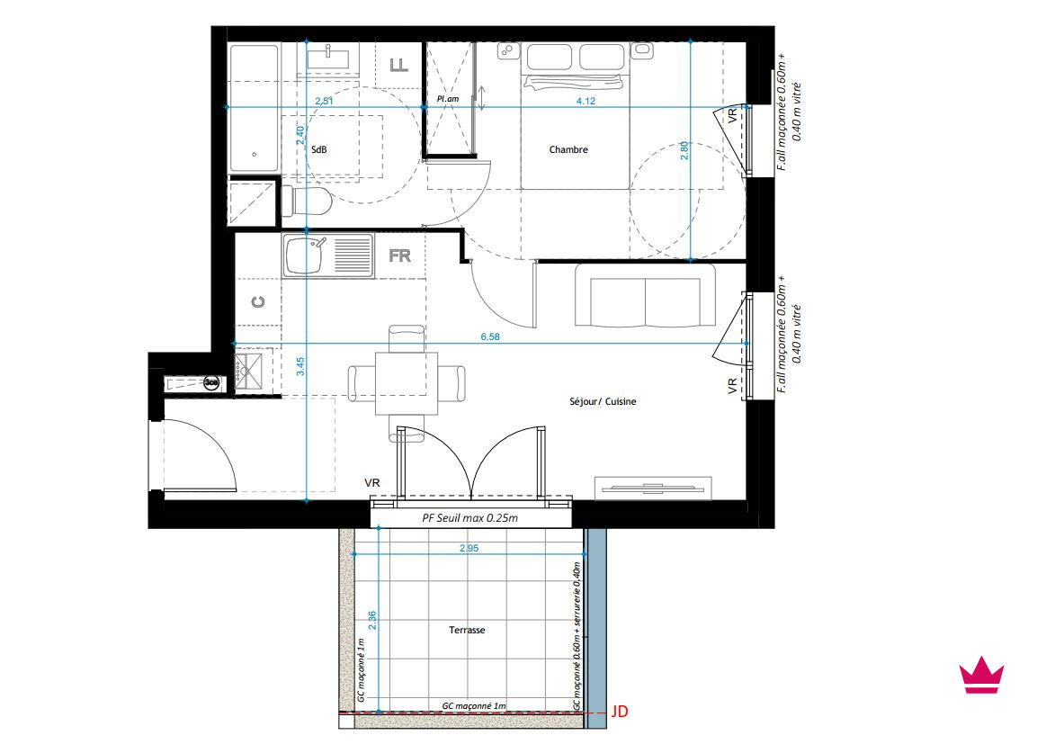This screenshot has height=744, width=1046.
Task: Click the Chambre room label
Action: tap(568, 149)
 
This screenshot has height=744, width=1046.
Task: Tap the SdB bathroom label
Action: tap(319, 149)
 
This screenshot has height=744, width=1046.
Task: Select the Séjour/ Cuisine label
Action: tap(603, 402)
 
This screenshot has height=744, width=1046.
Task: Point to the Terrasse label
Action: tap(467, 630)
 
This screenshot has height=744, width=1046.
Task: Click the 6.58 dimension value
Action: tap(490, 337)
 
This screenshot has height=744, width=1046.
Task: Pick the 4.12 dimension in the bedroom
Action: tap(586, 102)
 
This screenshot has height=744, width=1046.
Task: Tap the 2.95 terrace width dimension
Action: tap(469, 549)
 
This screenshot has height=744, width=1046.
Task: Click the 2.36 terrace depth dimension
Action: tap(372, 621)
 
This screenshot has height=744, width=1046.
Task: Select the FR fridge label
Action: tap(399, 255)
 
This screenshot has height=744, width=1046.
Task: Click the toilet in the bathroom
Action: tap(306, 201)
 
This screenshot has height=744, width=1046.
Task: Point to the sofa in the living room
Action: tap(645, 295)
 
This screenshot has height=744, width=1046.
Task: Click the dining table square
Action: tap(407, 383)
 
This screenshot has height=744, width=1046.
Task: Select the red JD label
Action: tap(620, 712)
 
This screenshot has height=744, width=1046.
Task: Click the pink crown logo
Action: tap(981, 675)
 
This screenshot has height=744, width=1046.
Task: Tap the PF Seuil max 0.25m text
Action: tap(470, 518)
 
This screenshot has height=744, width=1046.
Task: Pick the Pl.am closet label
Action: tap(448, 99)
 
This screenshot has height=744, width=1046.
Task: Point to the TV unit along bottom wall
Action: tap(653, 488)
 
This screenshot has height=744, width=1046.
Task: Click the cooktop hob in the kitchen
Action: tap(249, 370)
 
